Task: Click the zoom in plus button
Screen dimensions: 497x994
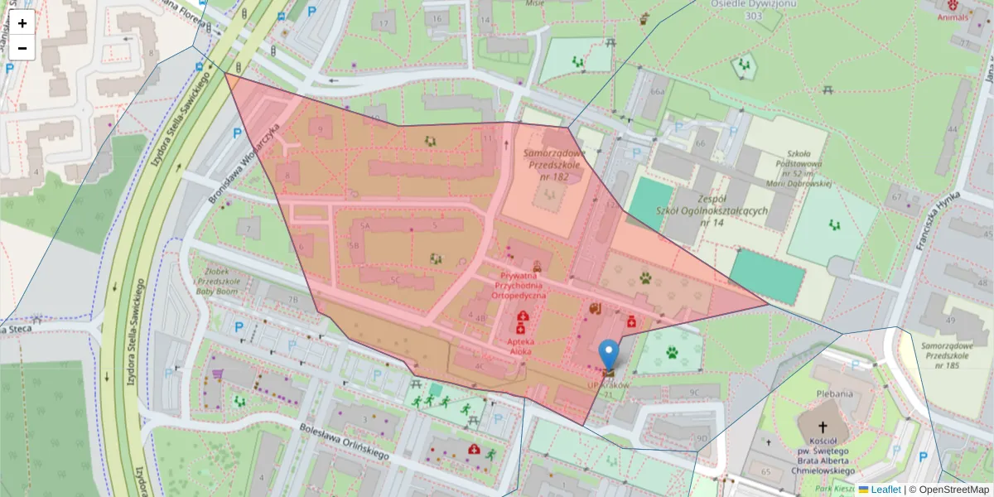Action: coord(22,23)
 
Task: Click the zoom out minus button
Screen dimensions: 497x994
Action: coord(22,48)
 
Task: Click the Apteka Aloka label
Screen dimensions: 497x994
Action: coord(521,346)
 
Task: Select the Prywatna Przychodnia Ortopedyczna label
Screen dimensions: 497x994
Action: coord(519,284)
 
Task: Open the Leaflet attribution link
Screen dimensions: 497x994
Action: coord(885,490)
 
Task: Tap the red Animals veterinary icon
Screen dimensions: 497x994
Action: coord(953,6)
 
